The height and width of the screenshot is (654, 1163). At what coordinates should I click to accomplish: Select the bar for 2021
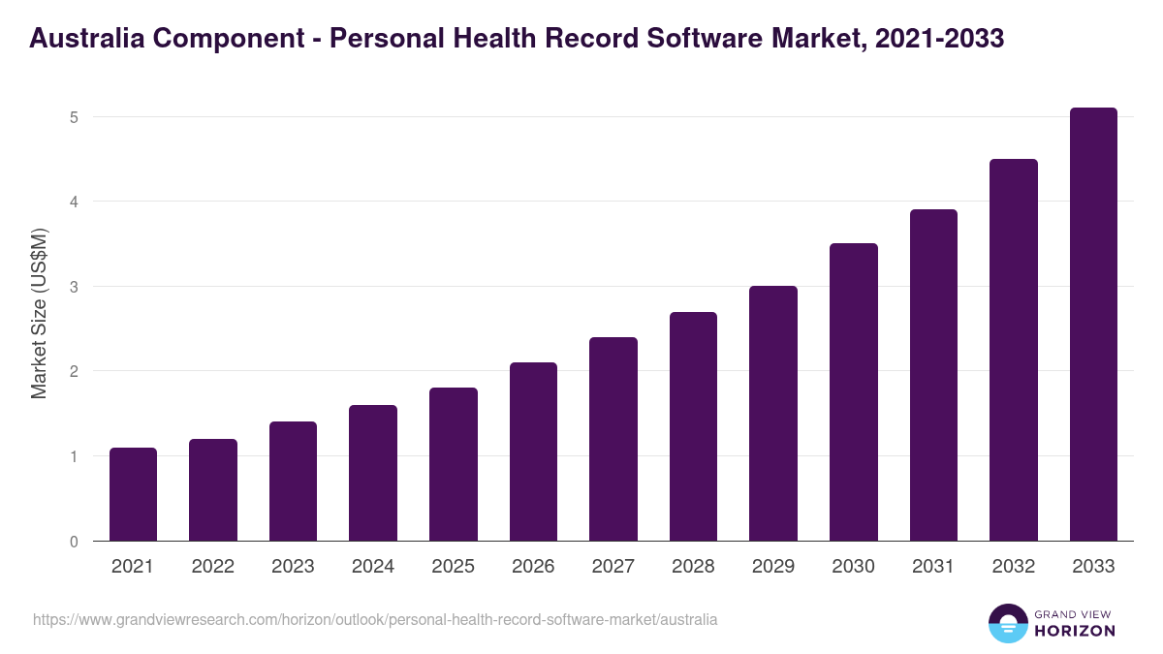point(133,494)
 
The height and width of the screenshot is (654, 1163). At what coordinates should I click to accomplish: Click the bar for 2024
point(373,473)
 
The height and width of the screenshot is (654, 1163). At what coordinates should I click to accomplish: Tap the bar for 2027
point(613,439)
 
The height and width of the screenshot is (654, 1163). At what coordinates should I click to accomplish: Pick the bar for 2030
point(854,392)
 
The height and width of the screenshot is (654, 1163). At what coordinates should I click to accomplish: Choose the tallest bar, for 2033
point(1093,325)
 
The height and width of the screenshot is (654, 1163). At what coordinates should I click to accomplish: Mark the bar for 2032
point(1014,350)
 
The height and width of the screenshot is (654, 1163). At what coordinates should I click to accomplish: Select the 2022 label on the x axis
point(212,567)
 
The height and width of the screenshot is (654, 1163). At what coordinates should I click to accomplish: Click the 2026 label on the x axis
point(533,567)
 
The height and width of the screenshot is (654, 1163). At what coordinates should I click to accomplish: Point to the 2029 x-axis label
point(773,567)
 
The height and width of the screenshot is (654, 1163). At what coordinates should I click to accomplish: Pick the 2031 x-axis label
point(933,567)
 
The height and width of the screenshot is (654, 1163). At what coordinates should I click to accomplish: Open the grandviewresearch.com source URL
point(375,619)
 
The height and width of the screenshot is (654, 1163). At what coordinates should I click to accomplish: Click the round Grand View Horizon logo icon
point(1007,623)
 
